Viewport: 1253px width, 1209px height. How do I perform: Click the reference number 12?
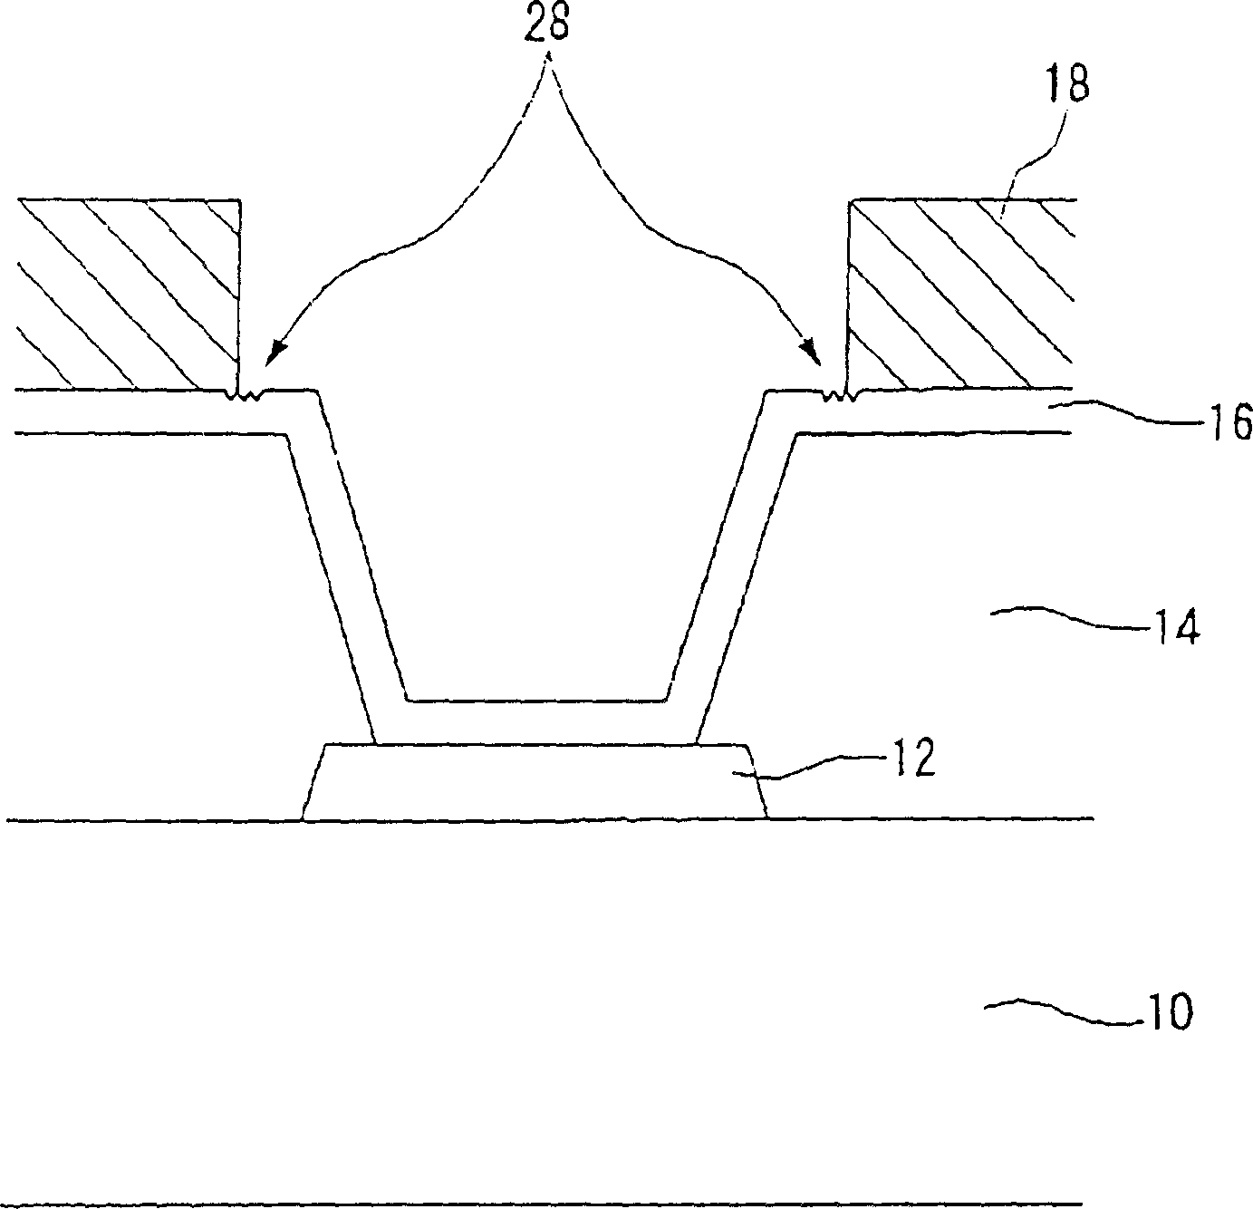pos(911,759)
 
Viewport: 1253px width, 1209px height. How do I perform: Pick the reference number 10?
pos(1169,1012)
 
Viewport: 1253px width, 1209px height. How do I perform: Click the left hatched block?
pos(127,295)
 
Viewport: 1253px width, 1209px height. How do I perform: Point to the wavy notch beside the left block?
pos(245,394)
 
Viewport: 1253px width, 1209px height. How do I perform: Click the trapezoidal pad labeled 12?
pos(535,782)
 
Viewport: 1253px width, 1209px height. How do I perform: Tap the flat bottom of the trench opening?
pos(537,700)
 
